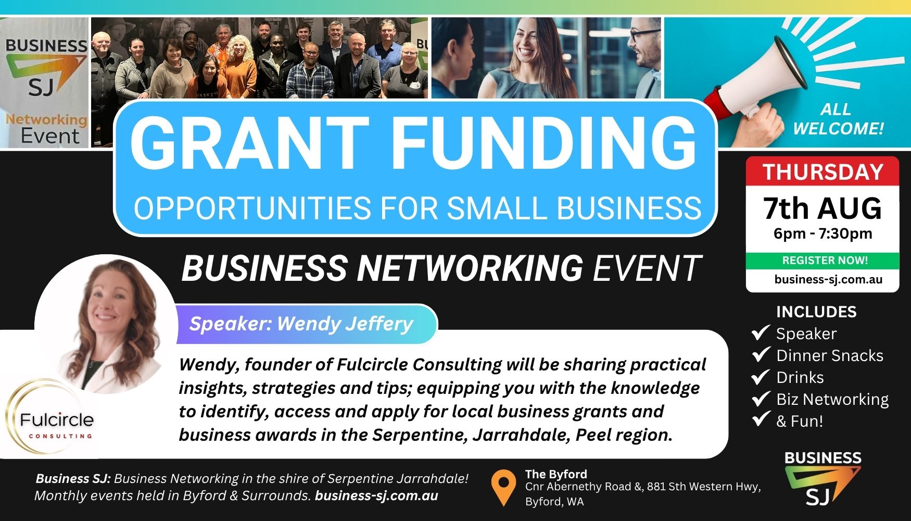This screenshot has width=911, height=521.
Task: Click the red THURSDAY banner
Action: tap(823, 171)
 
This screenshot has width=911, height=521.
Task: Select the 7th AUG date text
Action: tap(823, 208)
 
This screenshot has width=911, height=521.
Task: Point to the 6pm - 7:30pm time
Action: tap(823, 233)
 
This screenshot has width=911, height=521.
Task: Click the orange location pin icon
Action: tap(503, 487)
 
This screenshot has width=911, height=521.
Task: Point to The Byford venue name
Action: tap(556, 474)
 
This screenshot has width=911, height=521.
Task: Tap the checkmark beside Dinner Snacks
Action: tap(761, 354)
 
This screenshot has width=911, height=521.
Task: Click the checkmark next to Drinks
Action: tap(761, 376)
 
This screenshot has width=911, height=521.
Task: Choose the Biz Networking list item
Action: tap(832, 399)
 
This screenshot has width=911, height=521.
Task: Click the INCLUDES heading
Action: tap(816, 312)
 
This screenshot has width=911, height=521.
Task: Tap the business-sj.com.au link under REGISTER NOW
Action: tap(828, 279)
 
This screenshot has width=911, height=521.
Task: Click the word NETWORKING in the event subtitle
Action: tap(470, 268)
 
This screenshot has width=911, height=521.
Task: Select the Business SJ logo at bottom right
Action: tap(823, 478)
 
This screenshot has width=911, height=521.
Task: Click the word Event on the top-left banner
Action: tap(50, 135)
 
